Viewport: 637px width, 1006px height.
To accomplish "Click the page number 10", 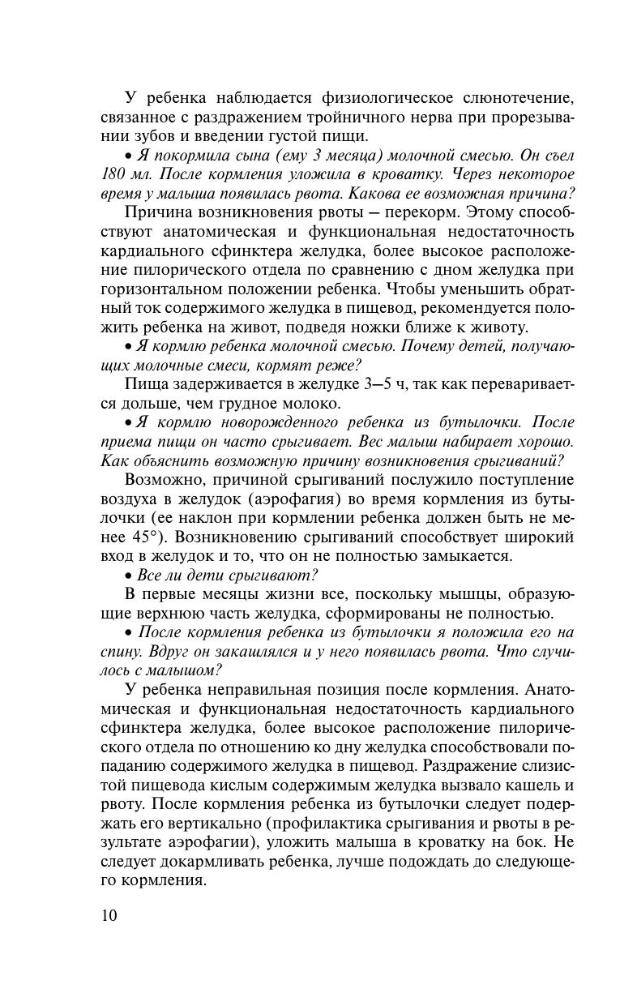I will (x=109, y=916).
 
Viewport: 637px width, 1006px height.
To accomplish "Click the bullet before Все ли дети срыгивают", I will (x=130, y=576).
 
